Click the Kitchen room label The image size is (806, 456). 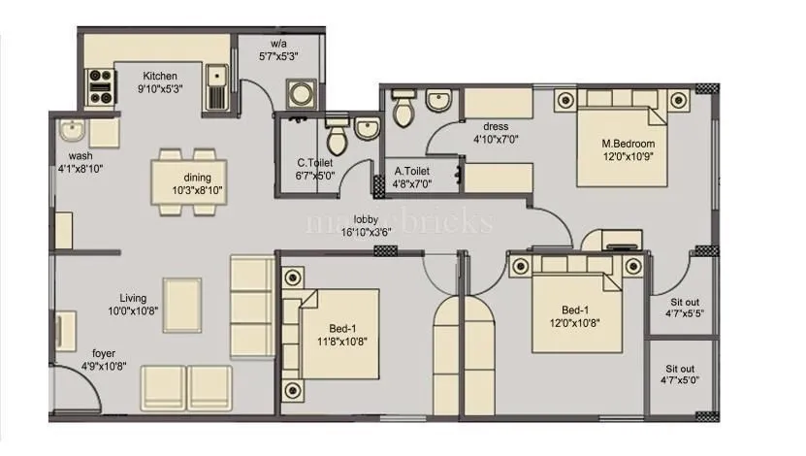click(160, 76)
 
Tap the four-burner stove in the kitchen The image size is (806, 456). click(101, 86)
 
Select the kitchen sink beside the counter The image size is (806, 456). click(218, 85)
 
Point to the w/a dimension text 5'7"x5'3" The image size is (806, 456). click(277, 57)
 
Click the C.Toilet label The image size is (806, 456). click(315, 163)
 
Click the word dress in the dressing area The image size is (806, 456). click(496, 127)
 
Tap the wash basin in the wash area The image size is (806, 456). click(71, 131)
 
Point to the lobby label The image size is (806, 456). click(366, 219)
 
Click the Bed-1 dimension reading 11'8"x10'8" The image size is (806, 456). click(347, 342)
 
